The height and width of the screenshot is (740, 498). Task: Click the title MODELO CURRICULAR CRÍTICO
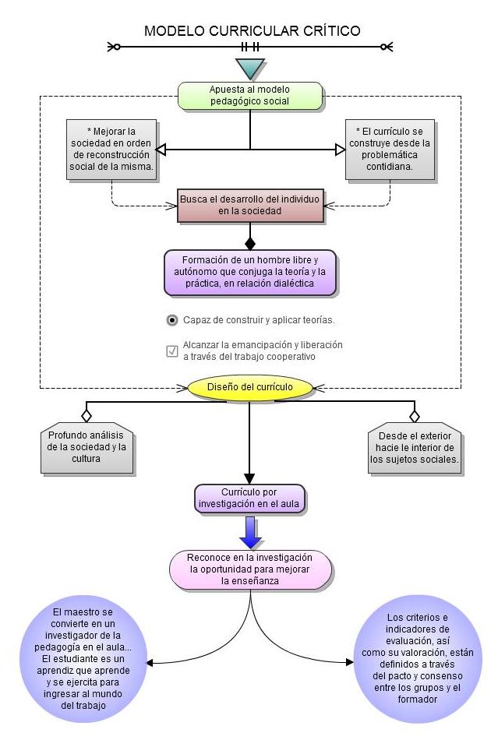pyautogui.click(x=252, y=31)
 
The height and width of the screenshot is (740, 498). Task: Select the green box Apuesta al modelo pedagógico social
pyautogui.click(x=249, y=95)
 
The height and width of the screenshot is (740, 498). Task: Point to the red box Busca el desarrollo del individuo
pyautogui.click(x=249, y=205)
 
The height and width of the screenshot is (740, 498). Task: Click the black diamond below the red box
pyautogui.click(x=249, y=243)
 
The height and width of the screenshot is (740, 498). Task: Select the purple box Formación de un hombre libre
pyautogui.click(x=249, y=272)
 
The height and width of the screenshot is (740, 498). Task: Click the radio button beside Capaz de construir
pyautogui.click(x=172, y=320)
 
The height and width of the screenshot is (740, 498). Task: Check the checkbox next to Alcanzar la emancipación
pyautogui.click(x=172, y=351)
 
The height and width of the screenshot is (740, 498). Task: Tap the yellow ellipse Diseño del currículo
pyautogui.click(x=249, y=387)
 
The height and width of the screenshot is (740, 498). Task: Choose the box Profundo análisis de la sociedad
pyautogui.click(x=86, y=448)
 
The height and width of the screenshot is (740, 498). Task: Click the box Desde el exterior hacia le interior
pyautogui.click(x=414, y=448)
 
